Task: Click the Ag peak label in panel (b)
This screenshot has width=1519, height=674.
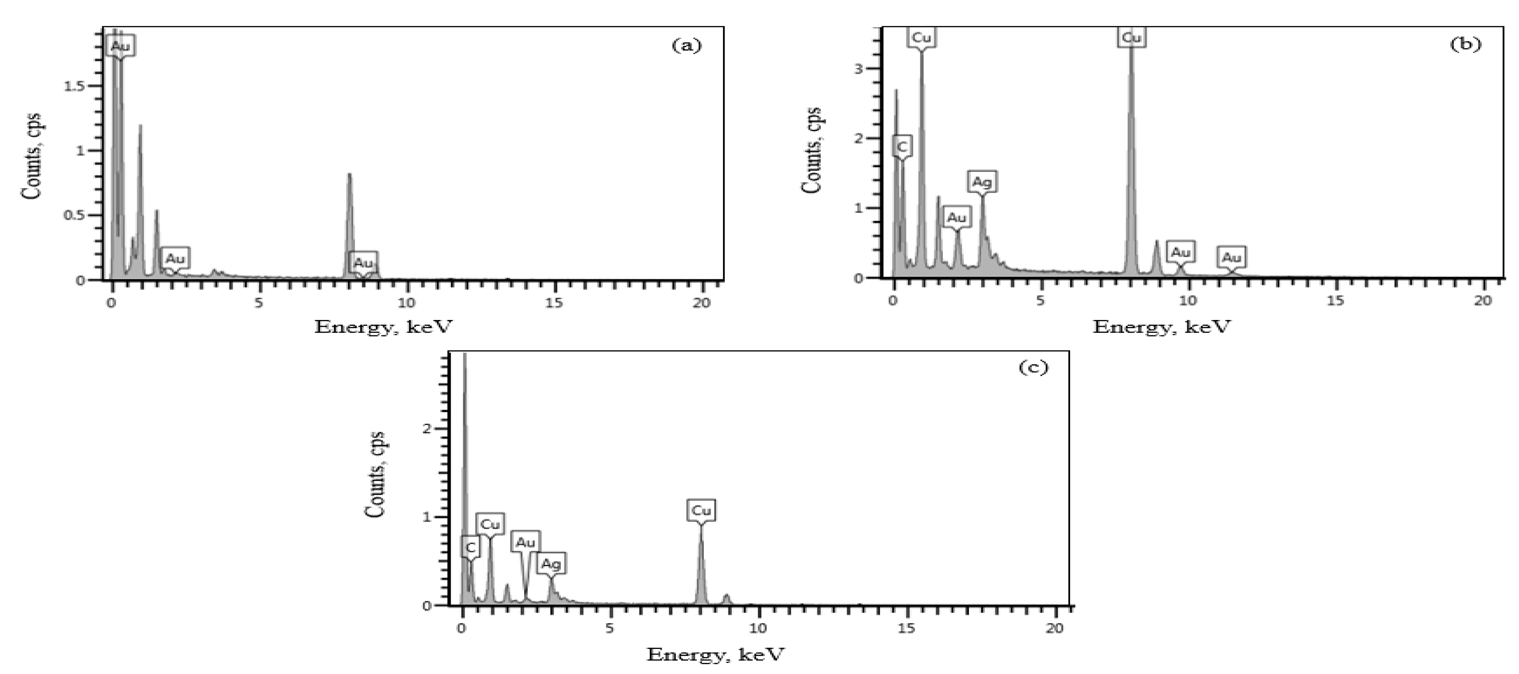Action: click(x=982, y=182)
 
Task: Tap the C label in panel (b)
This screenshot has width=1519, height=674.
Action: click(x=901, y=146)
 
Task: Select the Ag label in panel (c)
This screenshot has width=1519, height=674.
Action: click(x=551, y=564)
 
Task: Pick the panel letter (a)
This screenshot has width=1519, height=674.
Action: click(x=687, y=46)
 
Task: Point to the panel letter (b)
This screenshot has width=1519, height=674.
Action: click(x=1465, y=44)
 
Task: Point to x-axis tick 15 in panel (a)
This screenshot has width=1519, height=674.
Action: click(x=554, y=303)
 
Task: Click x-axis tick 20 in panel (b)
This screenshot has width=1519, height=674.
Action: click(x=1482, y=301)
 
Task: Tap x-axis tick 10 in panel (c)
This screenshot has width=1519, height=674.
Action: click(x=758, y=628)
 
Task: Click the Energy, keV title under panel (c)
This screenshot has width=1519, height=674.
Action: click(x=715, y=654)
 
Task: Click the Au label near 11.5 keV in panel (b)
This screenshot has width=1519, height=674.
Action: click(x=1231, y=258)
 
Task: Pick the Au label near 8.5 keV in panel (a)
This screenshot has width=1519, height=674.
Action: click(x=363, y=263)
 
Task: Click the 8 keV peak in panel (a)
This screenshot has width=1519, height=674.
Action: click(x=349, y=177)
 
